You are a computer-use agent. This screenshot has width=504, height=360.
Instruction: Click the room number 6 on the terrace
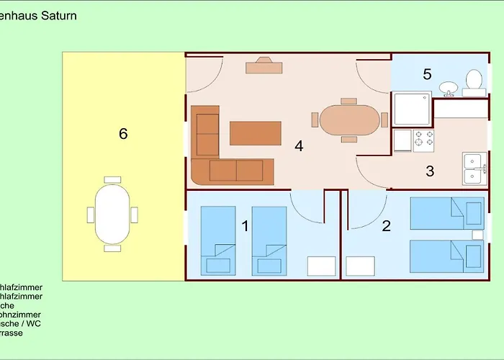[123, 133]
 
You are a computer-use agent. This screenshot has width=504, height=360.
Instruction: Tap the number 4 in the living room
[299, 145]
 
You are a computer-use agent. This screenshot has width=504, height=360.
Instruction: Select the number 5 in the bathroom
[427, 73]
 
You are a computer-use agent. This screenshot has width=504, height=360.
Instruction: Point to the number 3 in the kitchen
[430, 171]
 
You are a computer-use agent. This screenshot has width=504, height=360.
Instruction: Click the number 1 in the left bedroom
[245, 226]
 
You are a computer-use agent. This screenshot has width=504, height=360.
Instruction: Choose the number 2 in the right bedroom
[387, 226]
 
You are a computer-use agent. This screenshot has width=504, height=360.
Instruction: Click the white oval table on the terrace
[113, 214]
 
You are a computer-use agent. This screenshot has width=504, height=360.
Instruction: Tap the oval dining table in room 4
[349, 120]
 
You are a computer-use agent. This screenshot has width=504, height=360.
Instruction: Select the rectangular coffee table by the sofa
[255, 133]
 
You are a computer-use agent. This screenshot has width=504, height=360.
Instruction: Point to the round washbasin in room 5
[449, 88]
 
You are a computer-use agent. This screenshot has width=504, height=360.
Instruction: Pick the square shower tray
[411, 109]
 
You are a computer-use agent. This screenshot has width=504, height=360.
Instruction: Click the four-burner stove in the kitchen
[424, 140]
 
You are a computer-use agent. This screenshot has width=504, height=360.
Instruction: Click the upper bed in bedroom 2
[446, 215]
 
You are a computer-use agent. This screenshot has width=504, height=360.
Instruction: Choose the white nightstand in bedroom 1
[322, 266]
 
